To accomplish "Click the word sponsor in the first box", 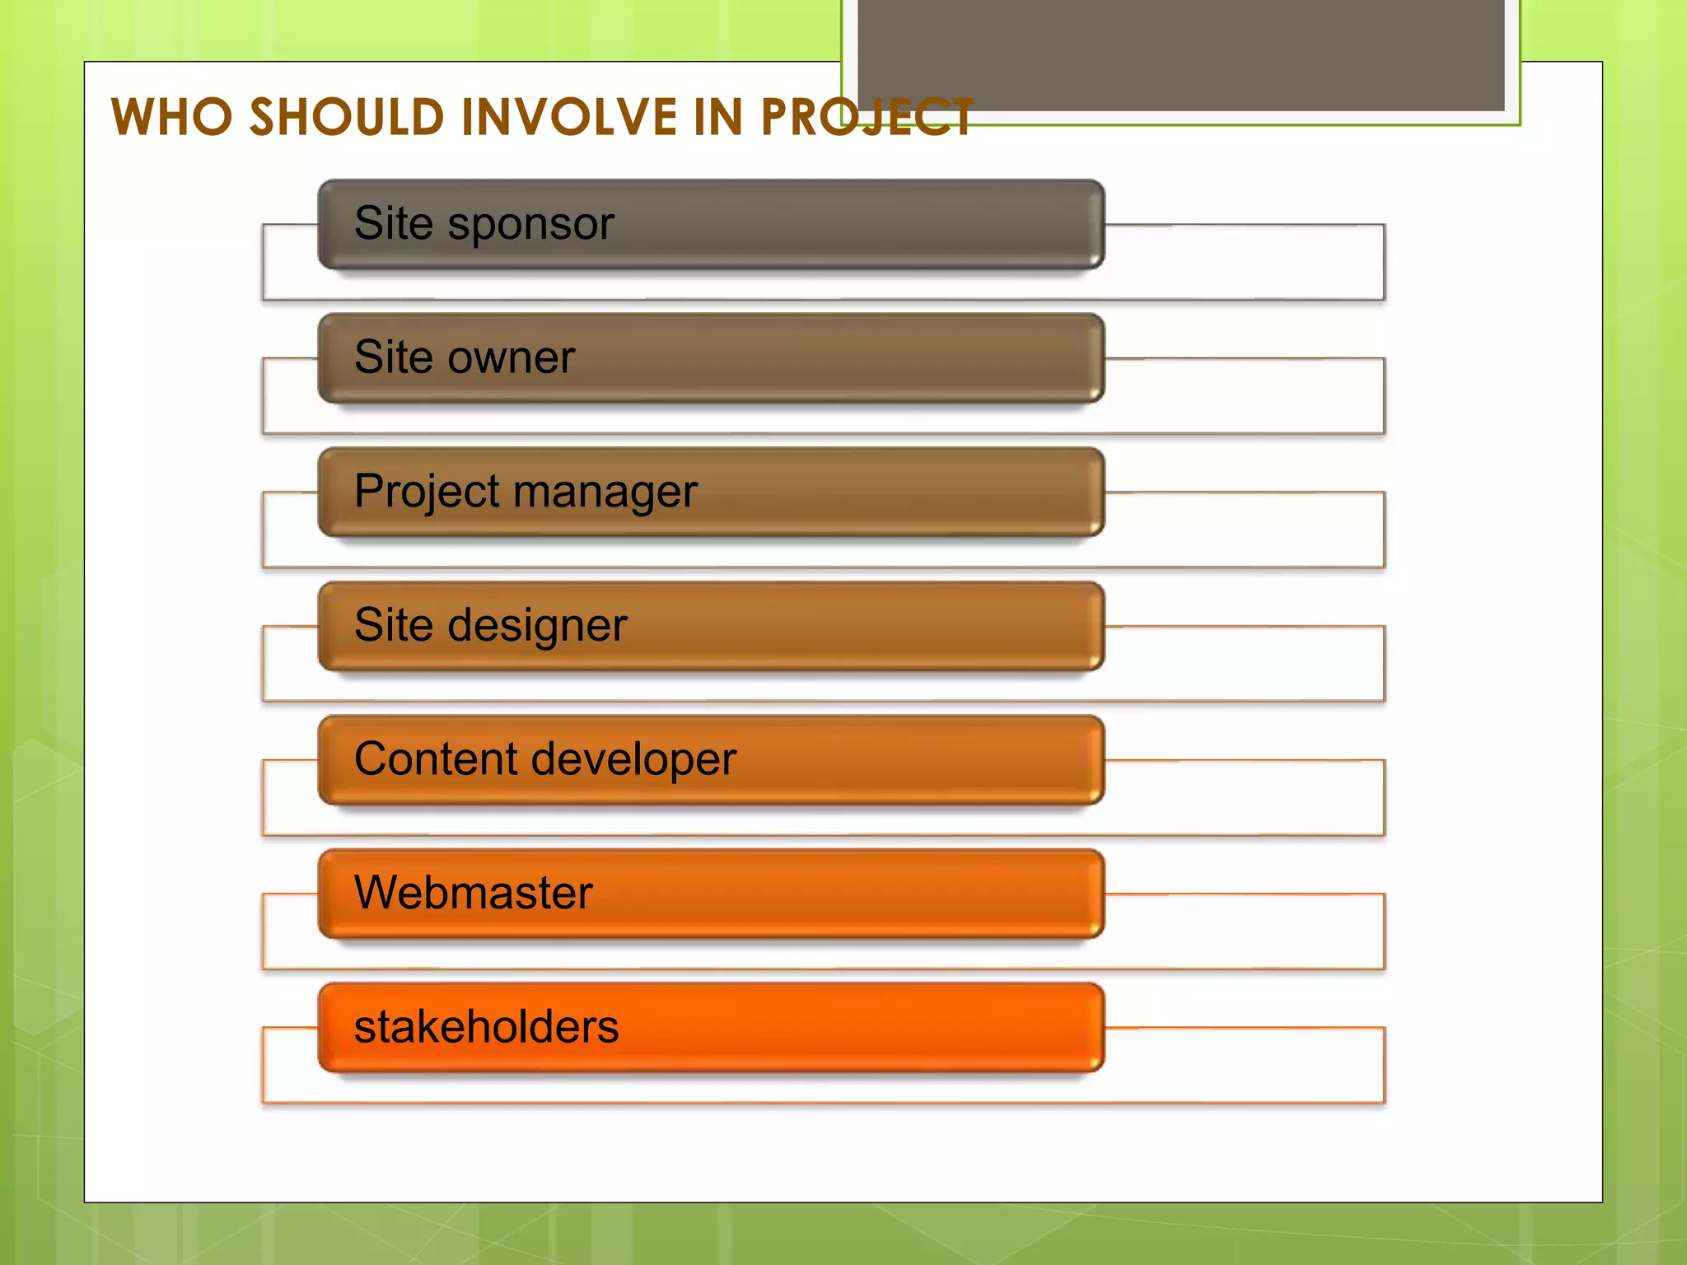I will coord(531,224).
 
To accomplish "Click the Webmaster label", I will coord(474,893).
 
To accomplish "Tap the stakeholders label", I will coord(486,1027).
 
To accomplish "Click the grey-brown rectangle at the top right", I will coord(1180,54).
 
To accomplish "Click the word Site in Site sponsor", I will coord(394,224).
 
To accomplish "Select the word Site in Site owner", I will coord(394,357).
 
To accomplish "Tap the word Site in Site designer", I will coord(394,625).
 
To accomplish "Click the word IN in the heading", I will coord(718,117).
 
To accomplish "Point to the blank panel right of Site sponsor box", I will coord(1244,262).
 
